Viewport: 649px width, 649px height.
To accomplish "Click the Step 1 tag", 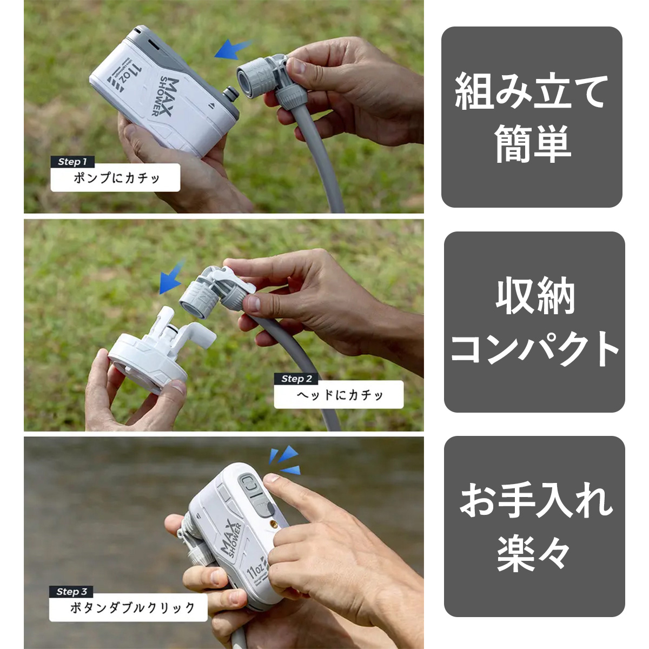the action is [x=72, y=162].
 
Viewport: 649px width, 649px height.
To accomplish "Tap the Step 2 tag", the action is [x=296, y=379].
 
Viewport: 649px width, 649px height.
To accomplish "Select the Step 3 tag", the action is [x=71, y=592].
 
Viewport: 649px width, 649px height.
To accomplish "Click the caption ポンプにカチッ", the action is [x=116, y=178].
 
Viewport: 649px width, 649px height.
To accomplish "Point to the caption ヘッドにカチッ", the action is [x=339, y=395].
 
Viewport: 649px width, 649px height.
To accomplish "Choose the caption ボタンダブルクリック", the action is [x=128, y=607].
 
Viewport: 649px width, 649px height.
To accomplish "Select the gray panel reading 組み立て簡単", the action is [x=532, y=117].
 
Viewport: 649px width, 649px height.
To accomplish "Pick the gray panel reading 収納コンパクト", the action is [x=534, y=322].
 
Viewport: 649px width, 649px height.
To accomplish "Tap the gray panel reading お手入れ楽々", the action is [x=534, y=527].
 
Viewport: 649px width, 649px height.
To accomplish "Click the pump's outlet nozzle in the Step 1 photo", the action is [x=231, y=95].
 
